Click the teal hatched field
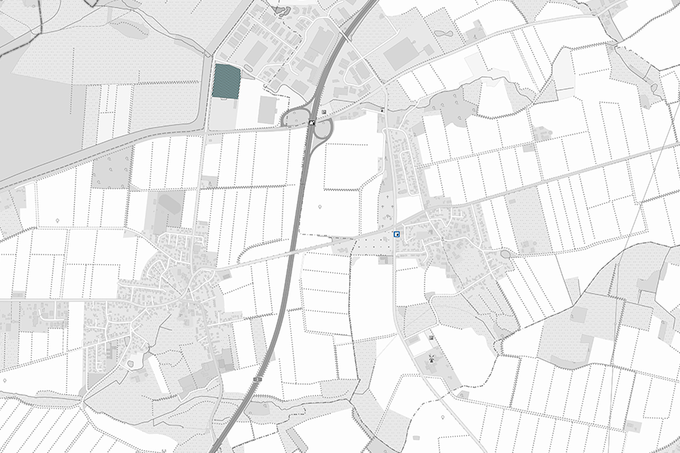coord(227,81)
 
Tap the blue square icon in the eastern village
coord(397,235)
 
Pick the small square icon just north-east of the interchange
coord(324,112)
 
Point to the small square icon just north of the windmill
coord(431,337)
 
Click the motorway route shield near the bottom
coord(258,377)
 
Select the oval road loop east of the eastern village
coord(505,254)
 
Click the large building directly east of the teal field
coord(267,110)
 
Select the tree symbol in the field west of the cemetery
coord(322,206)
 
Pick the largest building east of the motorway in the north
coord(401,53)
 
